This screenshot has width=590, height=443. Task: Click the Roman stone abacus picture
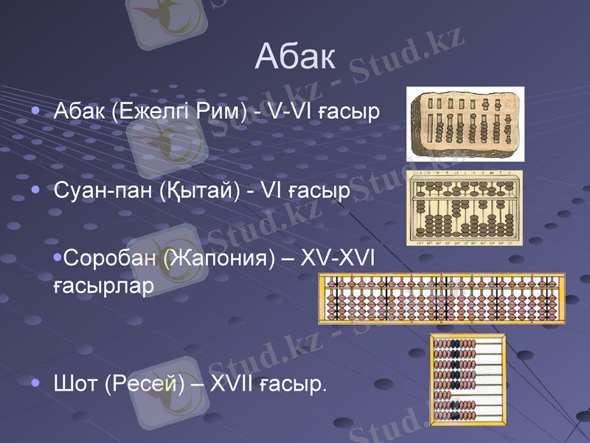click(x=466, y=123)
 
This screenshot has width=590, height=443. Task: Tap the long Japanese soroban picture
click(x=442, y=298)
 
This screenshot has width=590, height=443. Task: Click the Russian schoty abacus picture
click(x=468, y=379)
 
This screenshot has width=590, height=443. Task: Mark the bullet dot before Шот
click(x=37, y=383)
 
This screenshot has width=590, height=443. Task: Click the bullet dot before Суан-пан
click(x=37, y=190)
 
